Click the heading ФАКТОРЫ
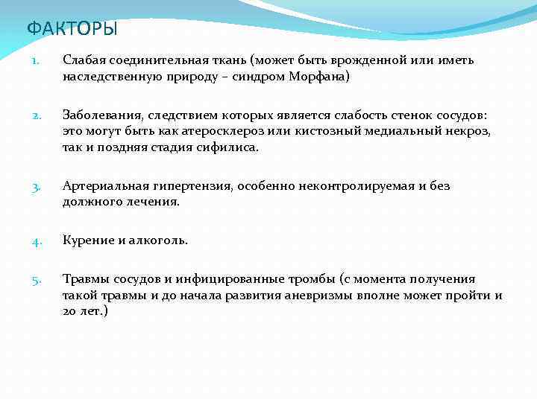point(72,29)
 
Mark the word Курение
point(88,240)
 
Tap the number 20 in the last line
point(71,311)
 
